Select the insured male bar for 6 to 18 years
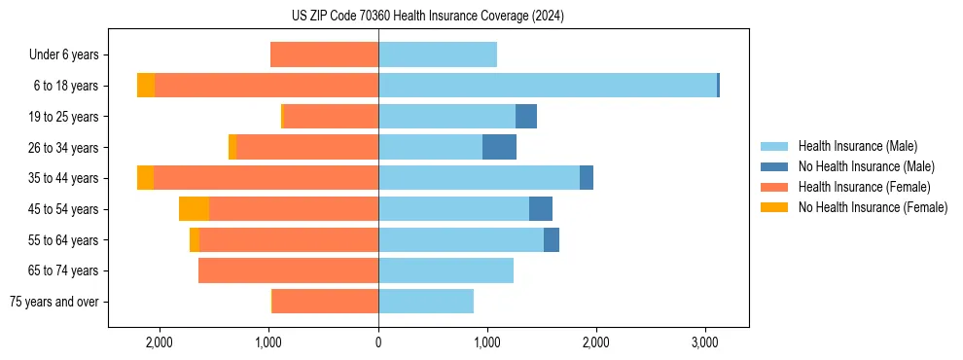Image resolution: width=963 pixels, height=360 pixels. point(548,86)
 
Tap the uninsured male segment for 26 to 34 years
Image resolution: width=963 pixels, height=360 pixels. point(499,147)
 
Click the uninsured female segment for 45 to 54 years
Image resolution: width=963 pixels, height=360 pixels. point(194,208)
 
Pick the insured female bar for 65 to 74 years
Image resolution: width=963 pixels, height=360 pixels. point(288,270)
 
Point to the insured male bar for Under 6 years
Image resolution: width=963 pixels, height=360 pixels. point(438,54)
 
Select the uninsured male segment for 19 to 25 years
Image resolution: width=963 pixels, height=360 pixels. point(526,117)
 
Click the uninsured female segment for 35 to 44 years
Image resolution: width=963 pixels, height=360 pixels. point(145,178)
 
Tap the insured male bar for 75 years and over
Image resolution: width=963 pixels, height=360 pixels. point(426,302)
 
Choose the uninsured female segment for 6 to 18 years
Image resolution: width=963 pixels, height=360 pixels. point(146,86)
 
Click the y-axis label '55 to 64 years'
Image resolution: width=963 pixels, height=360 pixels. point(64,239)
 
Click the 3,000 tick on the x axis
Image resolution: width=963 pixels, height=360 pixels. point(705,342)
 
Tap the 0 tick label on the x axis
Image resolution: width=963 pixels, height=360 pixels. point(378,342)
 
